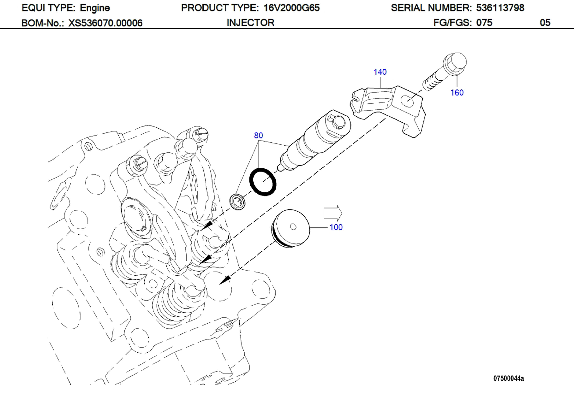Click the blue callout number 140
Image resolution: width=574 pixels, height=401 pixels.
pyautogui.click(x=380, y=72)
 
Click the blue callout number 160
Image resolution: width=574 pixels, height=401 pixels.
pyautogui.click(x=457, y=93)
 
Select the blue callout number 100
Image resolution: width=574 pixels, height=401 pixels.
pyautogui.click(x=336, y=227)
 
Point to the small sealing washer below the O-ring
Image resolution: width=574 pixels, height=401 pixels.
pyautogui.click(x=238, y=201)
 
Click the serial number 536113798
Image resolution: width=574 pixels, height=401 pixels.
pyautogui.click(x=500, y=8)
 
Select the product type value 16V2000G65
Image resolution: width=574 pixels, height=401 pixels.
pyautogui.click(x=291, y=8)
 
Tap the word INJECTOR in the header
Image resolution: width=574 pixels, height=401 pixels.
pyautogui.click(x=250, y=23)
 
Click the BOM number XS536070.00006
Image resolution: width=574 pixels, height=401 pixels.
pyautogui.click(x=105, y=23)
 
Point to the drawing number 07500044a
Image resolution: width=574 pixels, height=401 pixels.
pyautogui.click(x=508, y=378)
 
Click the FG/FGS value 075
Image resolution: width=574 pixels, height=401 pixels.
pyautogui.click(x=484, y=23)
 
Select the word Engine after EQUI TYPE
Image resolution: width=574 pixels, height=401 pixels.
pyautogui.click(x=95, y=8)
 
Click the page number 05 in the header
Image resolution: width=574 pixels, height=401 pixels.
pyautogui.click(x=545, y=23)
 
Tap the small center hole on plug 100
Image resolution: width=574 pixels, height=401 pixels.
pyautogui.click(x=293, y=227)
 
